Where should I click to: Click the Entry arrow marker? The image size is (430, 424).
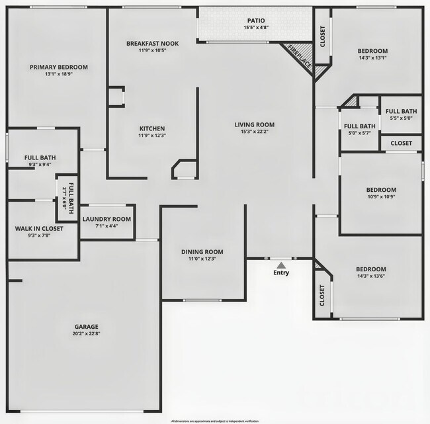[x=281, y=265]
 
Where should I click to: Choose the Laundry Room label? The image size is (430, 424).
[x=107, y=219]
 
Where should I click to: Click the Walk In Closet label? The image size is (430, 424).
[x=39, y=229]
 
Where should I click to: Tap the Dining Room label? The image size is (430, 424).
[x=202, y=251]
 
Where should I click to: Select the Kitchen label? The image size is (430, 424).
[x=151, y=128]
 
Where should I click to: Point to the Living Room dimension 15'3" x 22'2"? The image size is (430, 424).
[x=254, y=132]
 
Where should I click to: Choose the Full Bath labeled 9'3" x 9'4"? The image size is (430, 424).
[x=40, y=157]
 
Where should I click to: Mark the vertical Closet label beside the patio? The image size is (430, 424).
[x=323, y=36]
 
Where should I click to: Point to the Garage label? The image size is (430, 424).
[x=86, y=327]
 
